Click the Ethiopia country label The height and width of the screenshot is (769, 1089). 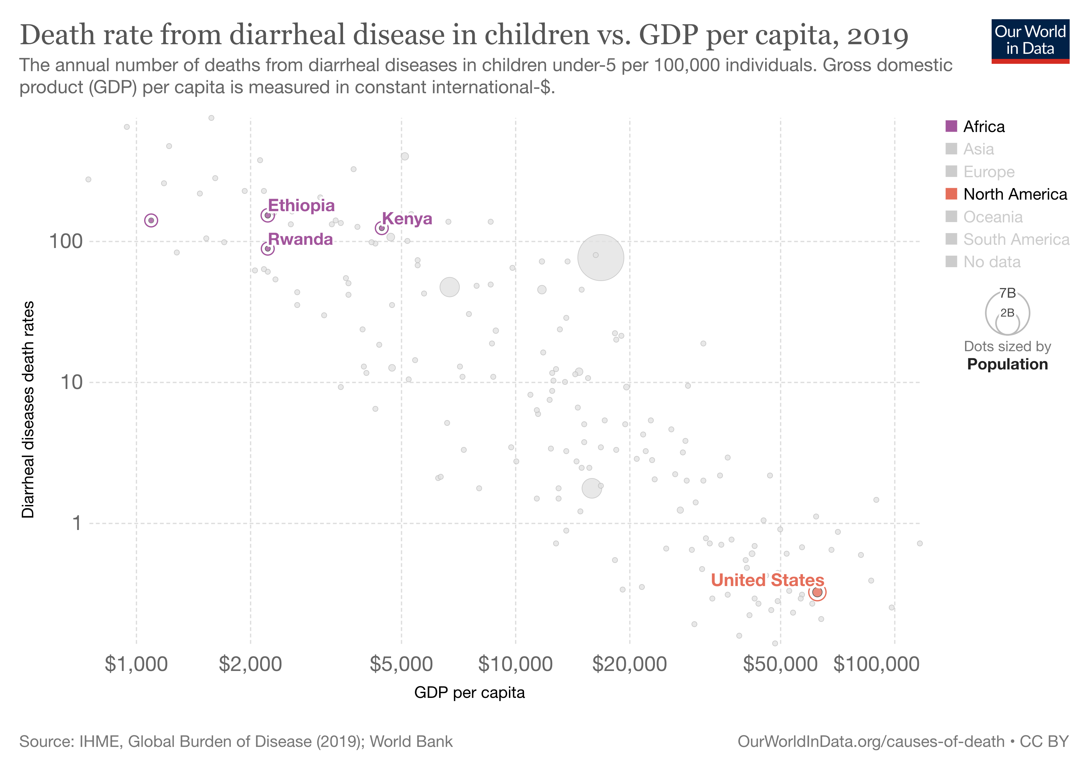pyautogui.click(x=301, y=205)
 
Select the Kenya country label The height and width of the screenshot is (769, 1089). pyautogui.click(x=407, y=219)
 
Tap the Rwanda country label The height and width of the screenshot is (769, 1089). pyautogui.click(x=300, y=239)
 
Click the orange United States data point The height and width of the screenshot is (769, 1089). pyautogui.click(x=817, y=592)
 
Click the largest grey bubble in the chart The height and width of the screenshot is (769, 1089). pyautogui.click(x=601, y=258)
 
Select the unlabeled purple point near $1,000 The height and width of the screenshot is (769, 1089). pyautogui.click(x=151, y=220)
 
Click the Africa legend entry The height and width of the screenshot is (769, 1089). pyautogui.click(x=983, y=127)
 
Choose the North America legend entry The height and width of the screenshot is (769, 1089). pyautogui.click(x=1015, y=194)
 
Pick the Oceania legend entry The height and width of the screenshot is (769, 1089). pyautogui.click(x=992, y=217)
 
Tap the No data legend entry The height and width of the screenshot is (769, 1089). pyautogui.click(x=991, y=262)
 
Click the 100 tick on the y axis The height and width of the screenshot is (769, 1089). pyautogui.click(x=66, y=242)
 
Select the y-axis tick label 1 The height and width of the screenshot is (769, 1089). pyautogui.click(x=76, y=523)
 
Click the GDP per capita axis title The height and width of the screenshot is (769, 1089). pyautogui.click(x=469, y=693)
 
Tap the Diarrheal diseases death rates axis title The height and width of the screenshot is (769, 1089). pyautogui.click(x=29, y=409)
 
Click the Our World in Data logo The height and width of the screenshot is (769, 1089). pyautogui.click(x=1030, y=41)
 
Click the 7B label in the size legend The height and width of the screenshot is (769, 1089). pyautogui.click(x=1007, y=293)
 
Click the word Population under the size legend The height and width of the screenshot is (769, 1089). pyautogui.click(x=1007, y=364)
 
